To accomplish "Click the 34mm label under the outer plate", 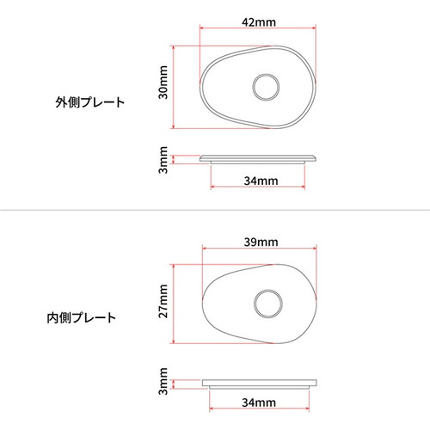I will (x=259, y=181).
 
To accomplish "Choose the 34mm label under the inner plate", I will (x=259, y=402).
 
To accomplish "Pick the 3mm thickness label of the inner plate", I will (x=163, y=381).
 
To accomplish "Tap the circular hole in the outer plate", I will (x=264, y=86).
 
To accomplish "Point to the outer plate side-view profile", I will (x=259, y=158).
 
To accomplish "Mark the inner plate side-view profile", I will (x=259, y=382).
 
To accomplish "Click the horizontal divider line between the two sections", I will (x=215, y=212).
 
